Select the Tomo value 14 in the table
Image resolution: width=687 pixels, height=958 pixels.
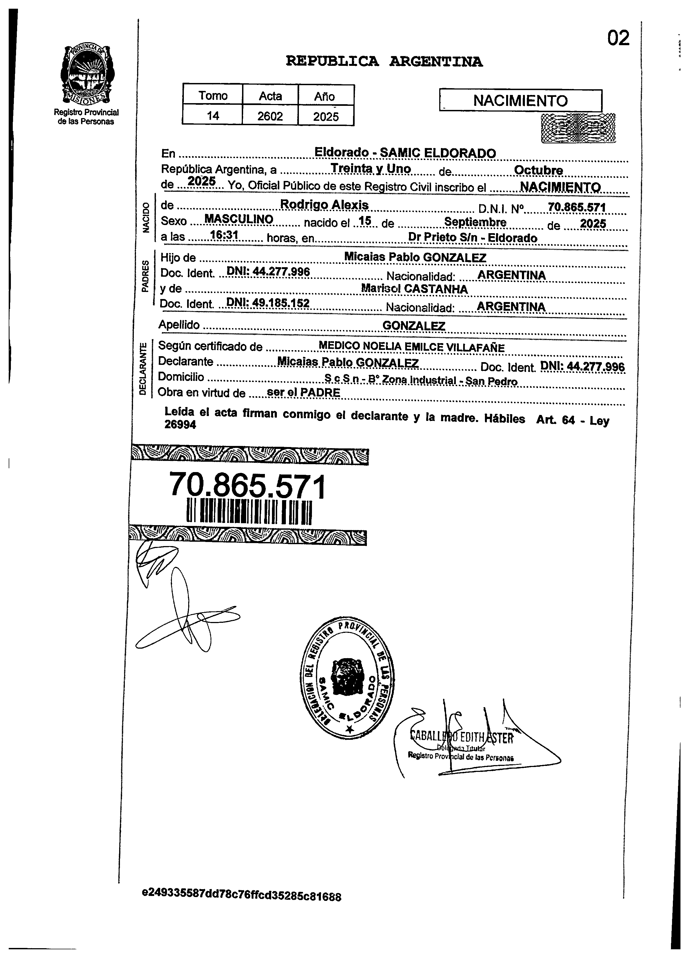(x=213, y=116)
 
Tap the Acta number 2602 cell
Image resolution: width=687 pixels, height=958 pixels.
(x=270, y=116)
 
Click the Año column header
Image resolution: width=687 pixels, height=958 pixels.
(x=324, y=96)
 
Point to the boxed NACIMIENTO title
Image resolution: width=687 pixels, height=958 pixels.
(x=520, y=100)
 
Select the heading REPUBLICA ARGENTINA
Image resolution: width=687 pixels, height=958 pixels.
(x=384, y=62)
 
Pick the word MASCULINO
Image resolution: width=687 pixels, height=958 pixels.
(x=239, y=219)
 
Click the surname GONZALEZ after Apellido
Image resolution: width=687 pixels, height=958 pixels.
(x=413, y=326)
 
